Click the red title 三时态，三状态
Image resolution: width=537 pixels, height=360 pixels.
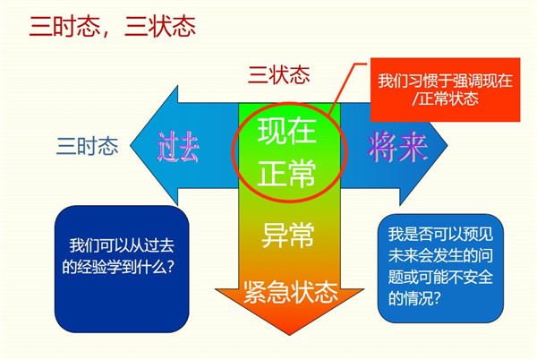coord(113,26)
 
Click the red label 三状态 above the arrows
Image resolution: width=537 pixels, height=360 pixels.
coord(278,74)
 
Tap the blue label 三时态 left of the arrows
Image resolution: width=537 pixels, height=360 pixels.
coord(88,146)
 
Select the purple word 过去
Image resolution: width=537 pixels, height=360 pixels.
coord(178,147)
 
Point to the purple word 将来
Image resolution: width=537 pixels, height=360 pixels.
coord(397,147)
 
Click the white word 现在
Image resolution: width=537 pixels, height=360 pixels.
coord(286,131)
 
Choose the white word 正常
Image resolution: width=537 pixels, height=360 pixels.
coord(286,174)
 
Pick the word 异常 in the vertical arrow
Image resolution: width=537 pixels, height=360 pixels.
coord(287,235)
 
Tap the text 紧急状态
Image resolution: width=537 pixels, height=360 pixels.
coord(291,292)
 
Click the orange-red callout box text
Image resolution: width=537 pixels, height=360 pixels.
coord(445,90)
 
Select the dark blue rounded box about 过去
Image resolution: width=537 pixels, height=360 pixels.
coord(122,269)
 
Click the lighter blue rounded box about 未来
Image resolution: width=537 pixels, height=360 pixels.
coord(440,268)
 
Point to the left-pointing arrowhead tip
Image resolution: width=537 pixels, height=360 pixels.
coord(131,145)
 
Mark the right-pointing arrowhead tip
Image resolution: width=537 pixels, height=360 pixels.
coord(447,145)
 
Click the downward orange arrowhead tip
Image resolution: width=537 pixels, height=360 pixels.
coord(289,334)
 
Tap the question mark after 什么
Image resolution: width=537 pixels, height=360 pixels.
coord(171,267)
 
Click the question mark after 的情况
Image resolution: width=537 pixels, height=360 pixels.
coord(436,299)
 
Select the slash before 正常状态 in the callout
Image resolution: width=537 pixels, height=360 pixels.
coord(415,99)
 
